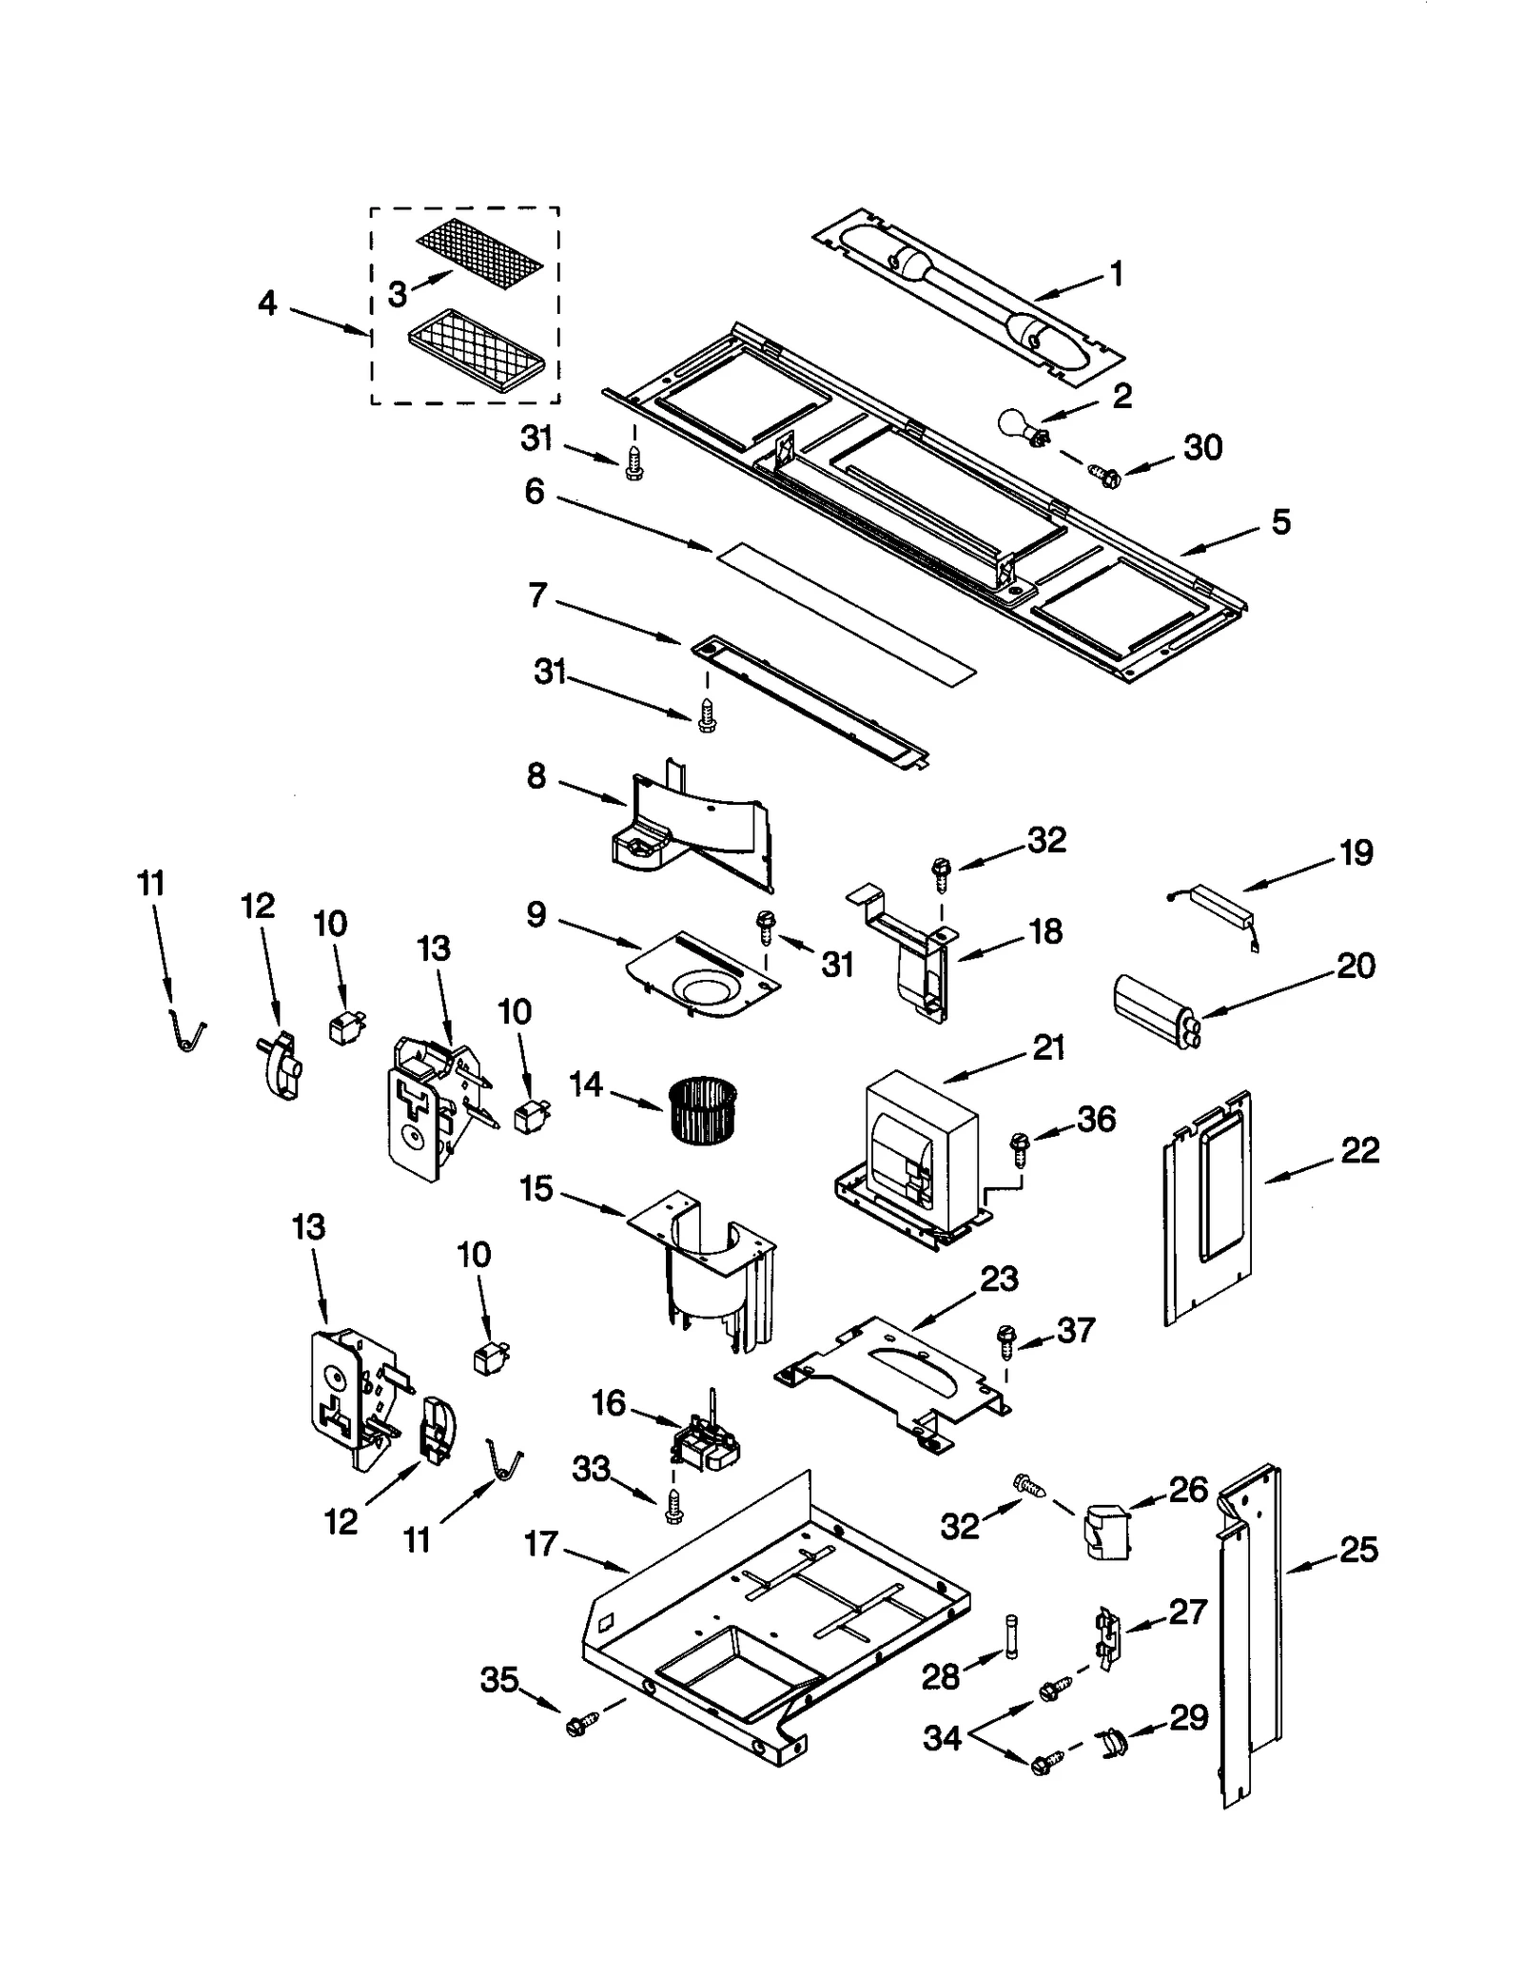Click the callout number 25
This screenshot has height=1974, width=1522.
click(x=1358, y=1550)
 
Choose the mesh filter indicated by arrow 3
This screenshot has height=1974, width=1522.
click(x=480, y=253)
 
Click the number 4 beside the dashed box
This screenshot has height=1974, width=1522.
click(x=267, y=303)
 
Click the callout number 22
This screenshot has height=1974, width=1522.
click(x=1359, y=1150)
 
